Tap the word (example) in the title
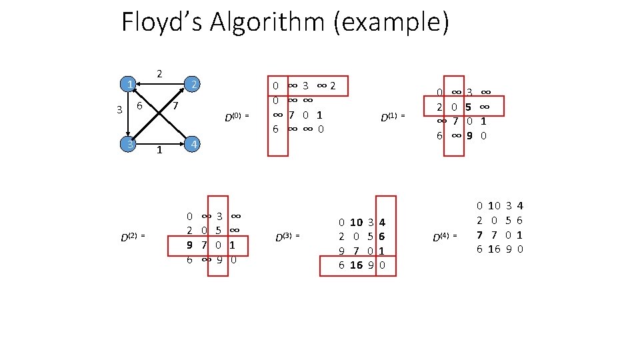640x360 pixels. tap(396, 23)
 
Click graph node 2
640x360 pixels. tap(193, 84)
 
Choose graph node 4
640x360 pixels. tap(193, 144)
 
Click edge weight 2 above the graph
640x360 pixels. tap(159, 73)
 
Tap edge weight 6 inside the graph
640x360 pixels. tap(139, 107)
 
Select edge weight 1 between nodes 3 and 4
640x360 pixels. tap(159, 151)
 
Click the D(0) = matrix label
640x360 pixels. tap(236, 117)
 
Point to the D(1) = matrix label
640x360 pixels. tap(393, 118)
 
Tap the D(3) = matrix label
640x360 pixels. tap(288, 236)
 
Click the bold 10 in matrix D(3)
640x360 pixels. tap(356, 222)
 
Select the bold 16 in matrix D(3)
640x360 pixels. tap(356, 265)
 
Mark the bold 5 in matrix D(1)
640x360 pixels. tap(469, 107)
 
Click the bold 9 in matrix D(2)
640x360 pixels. tap(190, 245)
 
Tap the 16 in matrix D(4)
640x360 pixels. tap(494, 249)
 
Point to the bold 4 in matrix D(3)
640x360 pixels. tap(382, 222)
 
